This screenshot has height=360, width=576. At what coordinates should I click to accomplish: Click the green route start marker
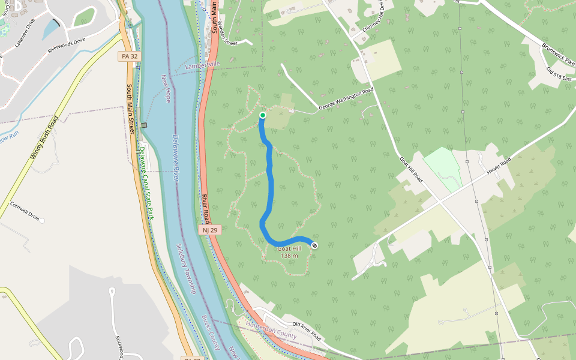(262, 115)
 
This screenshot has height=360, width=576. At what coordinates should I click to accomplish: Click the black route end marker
(314, 245)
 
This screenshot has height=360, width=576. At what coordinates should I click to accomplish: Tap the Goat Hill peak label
(289, 249)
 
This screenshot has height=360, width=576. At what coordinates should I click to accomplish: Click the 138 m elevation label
(289, 256)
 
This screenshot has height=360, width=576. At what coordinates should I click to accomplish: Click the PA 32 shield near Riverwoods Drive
(125, 56)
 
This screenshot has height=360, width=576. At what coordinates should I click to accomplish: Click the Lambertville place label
(203, 64)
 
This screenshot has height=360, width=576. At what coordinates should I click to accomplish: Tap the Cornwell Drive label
(25, 211)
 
